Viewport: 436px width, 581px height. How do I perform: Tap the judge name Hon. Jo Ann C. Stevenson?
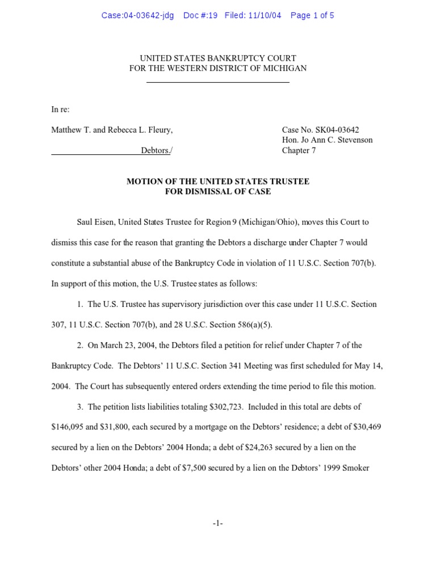[x=327, y=140]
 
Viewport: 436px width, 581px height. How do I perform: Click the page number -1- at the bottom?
[x=217, y=523]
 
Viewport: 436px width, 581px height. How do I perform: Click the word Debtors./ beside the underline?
[x=157, y=150]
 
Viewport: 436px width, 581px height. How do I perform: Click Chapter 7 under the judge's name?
[x=299, y=150]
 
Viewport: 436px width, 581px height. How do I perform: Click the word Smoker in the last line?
[x=357, y=468]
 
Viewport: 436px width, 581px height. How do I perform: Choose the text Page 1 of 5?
[x=312, y=15]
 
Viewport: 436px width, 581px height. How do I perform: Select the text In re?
[x=60, y=110]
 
